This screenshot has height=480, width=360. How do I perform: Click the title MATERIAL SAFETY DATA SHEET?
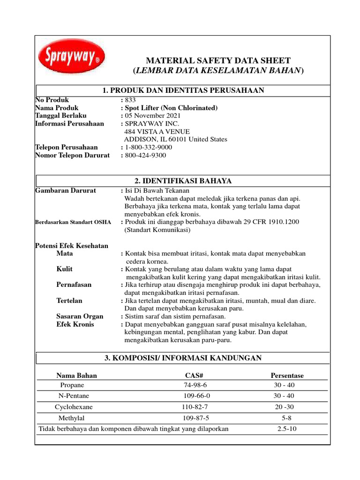(218, 60)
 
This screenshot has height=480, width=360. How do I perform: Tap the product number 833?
(130, 100)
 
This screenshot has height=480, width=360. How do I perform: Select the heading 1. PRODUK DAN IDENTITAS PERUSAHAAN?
(183, 90)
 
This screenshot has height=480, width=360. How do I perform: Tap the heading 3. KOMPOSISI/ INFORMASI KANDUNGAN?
(183, 358)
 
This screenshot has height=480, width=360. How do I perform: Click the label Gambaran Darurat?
(66, 190)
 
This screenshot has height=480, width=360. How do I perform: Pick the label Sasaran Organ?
(80, 316)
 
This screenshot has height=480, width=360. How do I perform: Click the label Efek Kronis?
(75, 324)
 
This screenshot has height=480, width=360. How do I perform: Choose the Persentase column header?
(287, 375)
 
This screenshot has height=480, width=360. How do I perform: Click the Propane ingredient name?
(72, 385)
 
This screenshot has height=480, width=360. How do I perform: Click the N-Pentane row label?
(71, 396)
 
